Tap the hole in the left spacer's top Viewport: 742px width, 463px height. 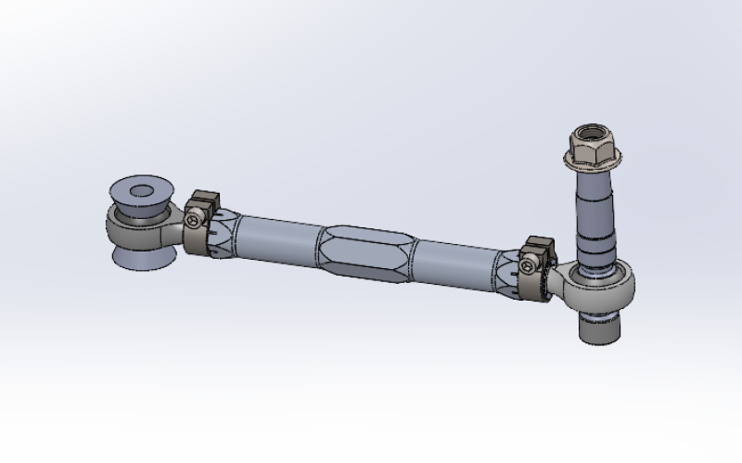[142, 192]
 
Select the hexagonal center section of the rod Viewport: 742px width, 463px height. [365, 252]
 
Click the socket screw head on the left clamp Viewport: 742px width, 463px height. [192, 220]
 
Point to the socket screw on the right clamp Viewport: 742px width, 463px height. [529, 267]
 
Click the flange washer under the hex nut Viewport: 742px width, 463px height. [590, 168]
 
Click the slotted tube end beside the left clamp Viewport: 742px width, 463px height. [223, 237]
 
